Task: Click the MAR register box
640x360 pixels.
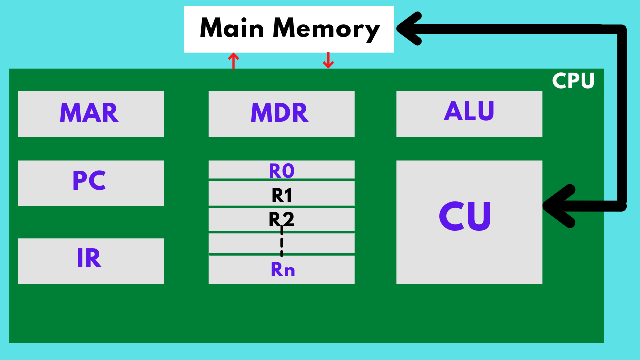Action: (x=91, y=114)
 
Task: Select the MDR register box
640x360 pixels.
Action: (x=281, y=114)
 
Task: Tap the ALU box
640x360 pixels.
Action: (x=469, y=114)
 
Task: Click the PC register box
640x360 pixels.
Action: (x=91, y=183)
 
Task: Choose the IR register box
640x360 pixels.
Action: (x=91, y=261)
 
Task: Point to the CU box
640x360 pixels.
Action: (x=469, y=222)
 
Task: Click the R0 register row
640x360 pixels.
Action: (x=281, y=170)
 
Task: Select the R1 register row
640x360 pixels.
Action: (x=281, y=194)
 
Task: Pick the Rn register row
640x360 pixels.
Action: (x=281, y=270)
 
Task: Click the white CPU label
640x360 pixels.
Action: (x=573, y=81)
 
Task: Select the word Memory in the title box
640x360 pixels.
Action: (x=327, y=29)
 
